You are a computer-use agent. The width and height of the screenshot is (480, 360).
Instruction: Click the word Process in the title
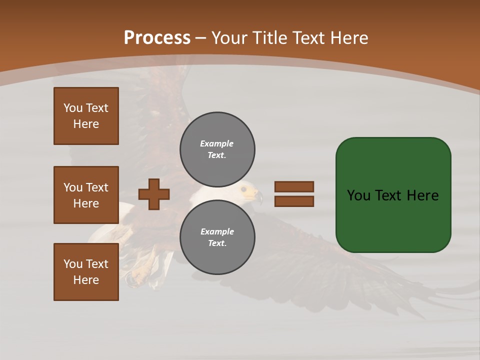tap(157, 38)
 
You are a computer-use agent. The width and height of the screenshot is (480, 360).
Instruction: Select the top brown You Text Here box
tap(86, 116)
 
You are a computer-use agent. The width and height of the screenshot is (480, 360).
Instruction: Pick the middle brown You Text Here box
tap(86, 195)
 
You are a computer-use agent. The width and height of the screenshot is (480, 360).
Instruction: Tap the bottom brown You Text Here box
tap(86, 272)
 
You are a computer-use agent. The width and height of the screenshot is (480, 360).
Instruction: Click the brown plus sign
tap(154, 194)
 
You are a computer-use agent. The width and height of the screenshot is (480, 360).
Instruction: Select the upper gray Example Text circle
tap(217, 149)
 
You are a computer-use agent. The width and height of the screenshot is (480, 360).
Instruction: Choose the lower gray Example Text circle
tap(217, 237)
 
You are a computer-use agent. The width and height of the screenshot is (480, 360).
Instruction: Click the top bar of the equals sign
tap(294, 186)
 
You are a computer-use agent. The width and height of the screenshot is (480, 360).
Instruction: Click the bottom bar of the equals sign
tap(294, 201)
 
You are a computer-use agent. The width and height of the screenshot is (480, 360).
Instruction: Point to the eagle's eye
tap(244, 189)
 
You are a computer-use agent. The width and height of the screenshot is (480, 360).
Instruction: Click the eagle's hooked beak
tap(258, 196)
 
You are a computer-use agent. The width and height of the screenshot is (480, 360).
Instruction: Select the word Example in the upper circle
tap(217, 143)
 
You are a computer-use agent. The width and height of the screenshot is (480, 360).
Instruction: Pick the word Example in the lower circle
tap(217, 231)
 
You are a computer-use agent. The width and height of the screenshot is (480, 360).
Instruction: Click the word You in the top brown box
tap(72, 108)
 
